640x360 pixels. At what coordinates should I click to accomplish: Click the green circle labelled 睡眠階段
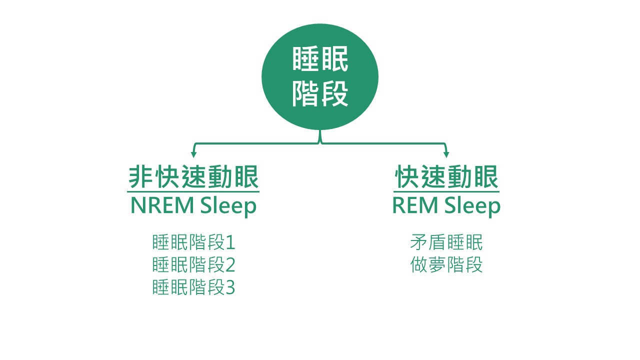320,77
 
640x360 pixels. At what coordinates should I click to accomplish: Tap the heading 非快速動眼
193,176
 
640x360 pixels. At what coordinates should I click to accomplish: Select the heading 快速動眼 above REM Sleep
446,176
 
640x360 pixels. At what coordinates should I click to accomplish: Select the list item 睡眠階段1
193,243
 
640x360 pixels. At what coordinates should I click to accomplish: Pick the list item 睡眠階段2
193,265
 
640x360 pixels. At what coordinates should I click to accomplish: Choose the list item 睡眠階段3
193,287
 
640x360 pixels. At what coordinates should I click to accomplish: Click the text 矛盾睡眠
446,243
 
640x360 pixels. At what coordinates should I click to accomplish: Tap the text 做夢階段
446,265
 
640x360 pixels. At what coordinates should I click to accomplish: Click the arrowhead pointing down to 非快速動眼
193,154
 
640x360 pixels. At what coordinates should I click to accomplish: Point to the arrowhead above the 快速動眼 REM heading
446,154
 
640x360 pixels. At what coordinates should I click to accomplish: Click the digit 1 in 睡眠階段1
230,243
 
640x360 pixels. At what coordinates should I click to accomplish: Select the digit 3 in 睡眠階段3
230,287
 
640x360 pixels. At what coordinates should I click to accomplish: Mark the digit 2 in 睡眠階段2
230,265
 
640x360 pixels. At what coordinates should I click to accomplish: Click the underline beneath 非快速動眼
193,191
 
